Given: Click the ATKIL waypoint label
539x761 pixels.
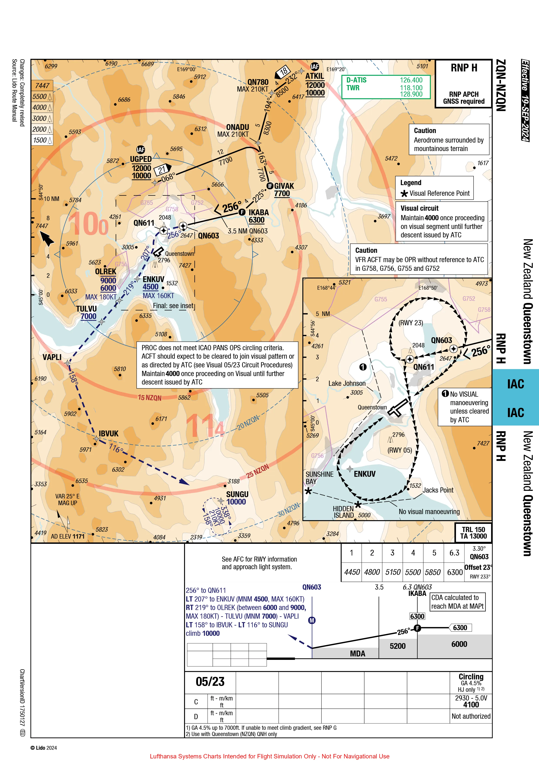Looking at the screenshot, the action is coord(315,76).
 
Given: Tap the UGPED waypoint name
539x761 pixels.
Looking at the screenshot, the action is coord(141,159).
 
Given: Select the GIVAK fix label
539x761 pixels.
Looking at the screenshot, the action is coord(284,186).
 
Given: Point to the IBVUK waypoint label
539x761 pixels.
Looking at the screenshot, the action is coord(108,434).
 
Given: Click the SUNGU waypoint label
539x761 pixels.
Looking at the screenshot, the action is coord(237,494).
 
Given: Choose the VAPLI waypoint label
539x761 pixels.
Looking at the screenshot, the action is coord(52,357).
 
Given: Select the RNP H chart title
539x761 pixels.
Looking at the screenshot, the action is coord(464,68).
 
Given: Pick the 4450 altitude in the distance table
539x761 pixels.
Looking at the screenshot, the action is coord(352,572).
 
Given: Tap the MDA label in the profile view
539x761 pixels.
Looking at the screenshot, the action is coord(358,654).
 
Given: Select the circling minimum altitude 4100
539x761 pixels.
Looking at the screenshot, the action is coord(471,705).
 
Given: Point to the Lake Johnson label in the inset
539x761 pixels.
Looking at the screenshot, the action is coord(347,383).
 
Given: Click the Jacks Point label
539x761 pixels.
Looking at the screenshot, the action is coord(438,490).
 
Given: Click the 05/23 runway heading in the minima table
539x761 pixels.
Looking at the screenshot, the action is coord(210,682).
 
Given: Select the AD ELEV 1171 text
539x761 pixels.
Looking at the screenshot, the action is coord(68,536).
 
